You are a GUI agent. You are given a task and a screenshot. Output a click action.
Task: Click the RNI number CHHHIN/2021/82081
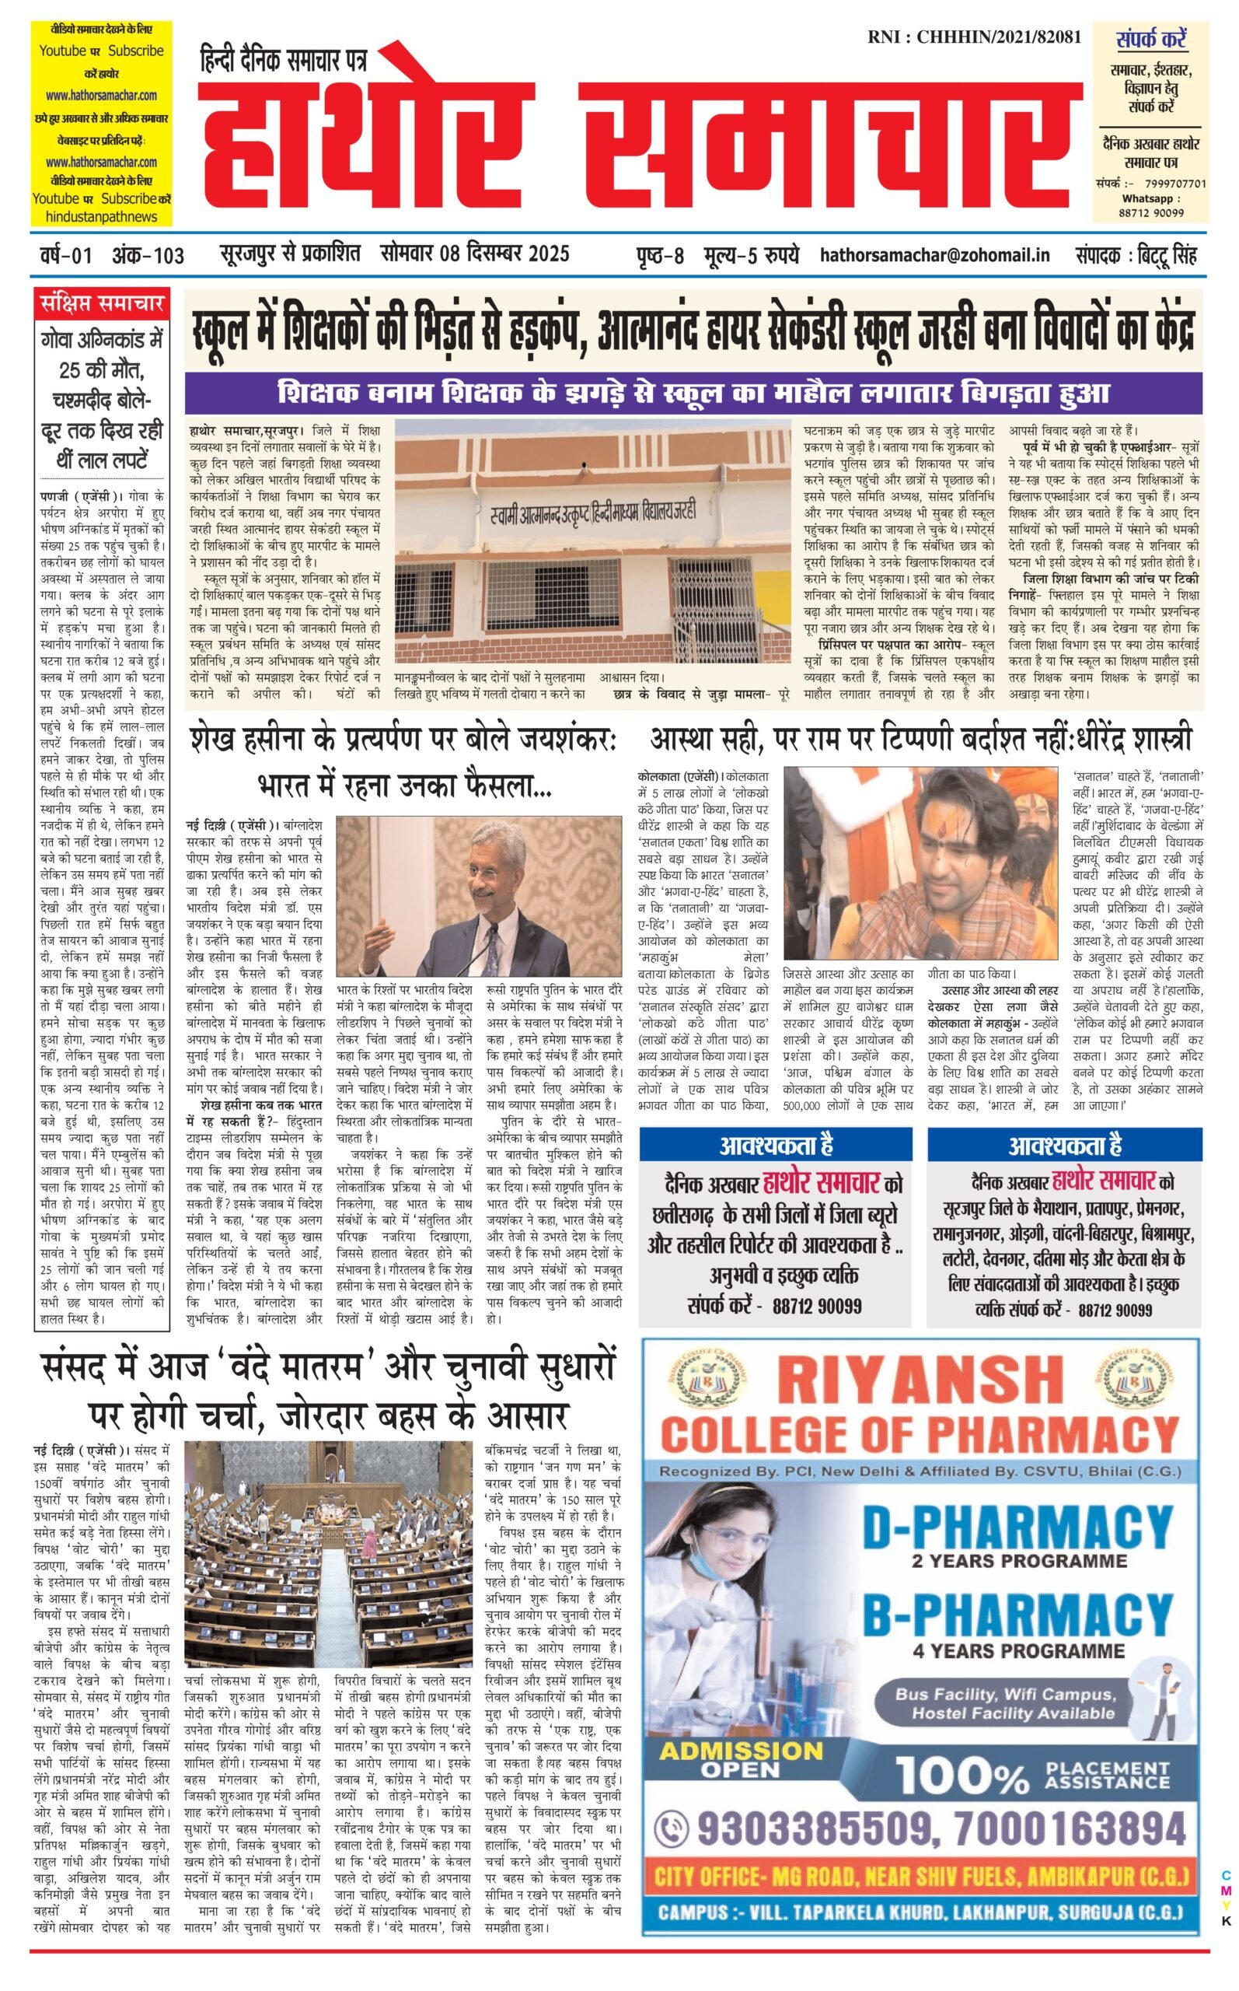pos(975,37)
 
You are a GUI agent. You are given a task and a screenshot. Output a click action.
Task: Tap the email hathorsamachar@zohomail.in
pos(935,256)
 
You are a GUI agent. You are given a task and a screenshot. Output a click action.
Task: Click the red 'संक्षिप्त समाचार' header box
pos(103,304)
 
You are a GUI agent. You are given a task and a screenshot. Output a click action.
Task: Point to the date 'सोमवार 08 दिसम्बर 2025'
pos(474,254)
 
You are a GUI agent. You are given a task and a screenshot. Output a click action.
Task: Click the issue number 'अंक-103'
pos(148,256)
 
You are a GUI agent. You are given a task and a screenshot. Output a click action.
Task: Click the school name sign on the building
pos(593,511)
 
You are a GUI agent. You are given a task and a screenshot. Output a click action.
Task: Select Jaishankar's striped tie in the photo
pos(494,946)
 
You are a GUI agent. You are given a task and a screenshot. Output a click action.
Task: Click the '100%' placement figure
pos(962,1774)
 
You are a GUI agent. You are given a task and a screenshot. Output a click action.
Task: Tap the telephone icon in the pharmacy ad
pos(674,1828)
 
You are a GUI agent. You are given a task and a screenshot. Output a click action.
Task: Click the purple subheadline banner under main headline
pos(693,393)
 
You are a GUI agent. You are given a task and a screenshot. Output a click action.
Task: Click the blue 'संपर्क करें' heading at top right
pos(1150,39)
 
